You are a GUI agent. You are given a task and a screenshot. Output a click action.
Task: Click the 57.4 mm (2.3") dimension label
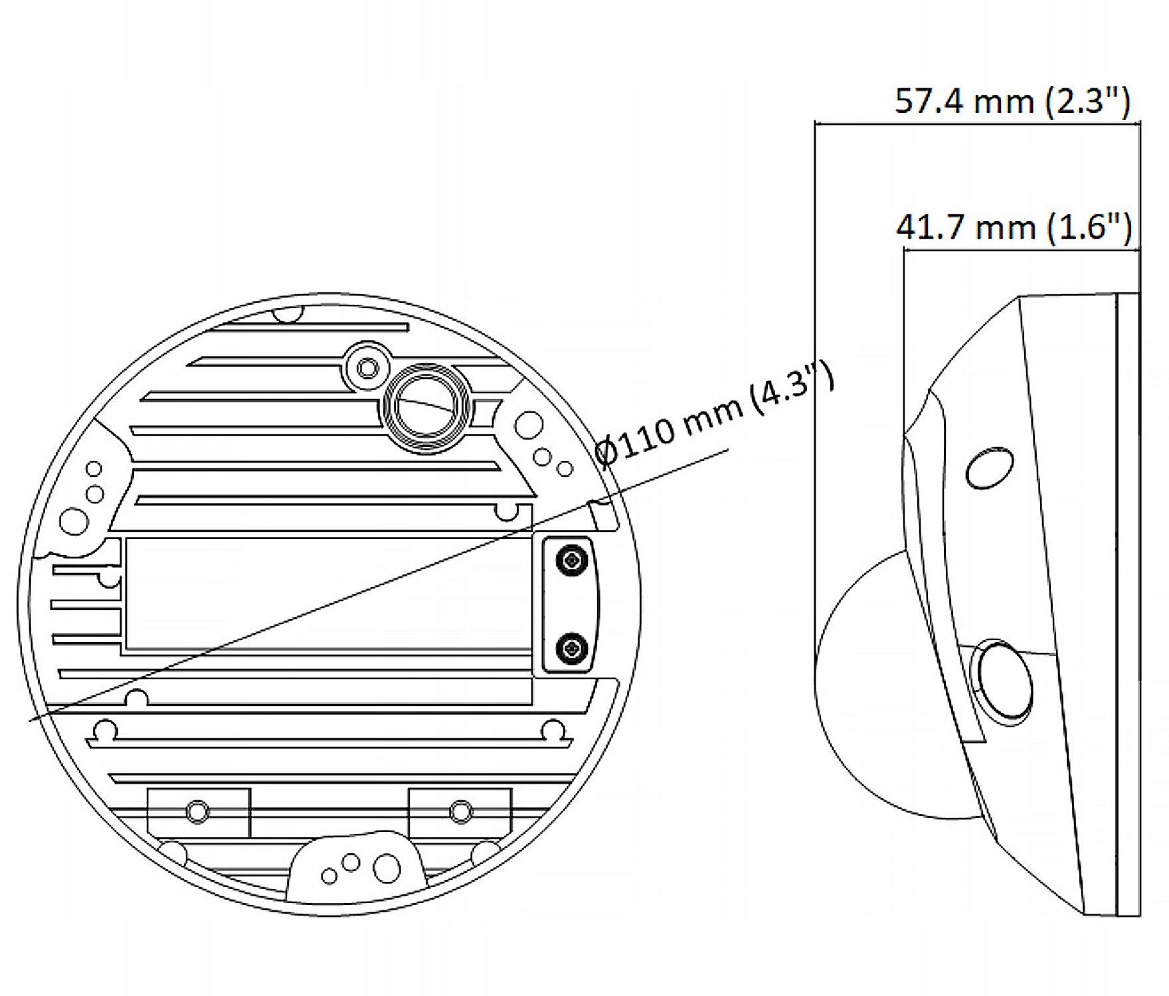(x=1012, y=102)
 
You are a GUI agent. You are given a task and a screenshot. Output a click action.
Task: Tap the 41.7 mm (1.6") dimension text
(x=1014, y=228)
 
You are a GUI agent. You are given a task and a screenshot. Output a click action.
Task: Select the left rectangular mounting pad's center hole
(x=197, y=811)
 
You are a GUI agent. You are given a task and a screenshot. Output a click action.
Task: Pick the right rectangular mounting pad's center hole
(x=461, y=811)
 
